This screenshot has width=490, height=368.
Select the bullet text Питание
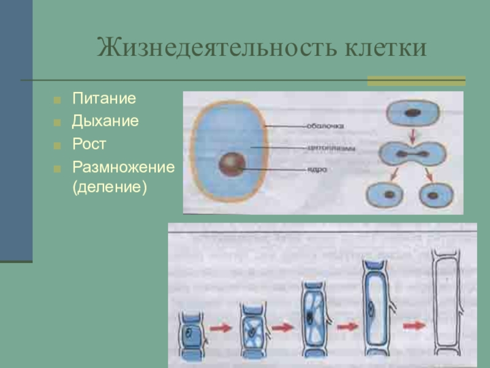pyautogui.click(x=104, y=98)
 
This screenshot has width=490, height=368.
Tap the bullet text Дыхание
pyautogui.click(x=105, y=121)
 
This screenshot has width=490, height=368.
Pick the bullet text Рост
pyautogui.click(x=89, y=145)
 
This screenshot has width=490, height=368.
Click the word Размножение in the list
pyautogui.click(x=123, y=167)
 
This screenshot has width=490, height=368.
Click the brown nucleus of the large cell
pyautogui.click(x=232, y=165)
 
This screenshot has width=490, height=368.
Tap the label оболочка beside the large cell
pyautogui.click(x=325, y=126)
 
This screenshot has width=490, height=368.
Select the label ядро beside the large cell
pyautogui.click(x=315, y=169)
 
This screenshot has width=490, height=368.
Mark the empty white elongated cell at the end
pyautogui.click(x=446, y=307)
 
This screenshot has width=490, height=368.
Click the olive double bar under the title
pyautogui.click(x=416, y=80)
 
